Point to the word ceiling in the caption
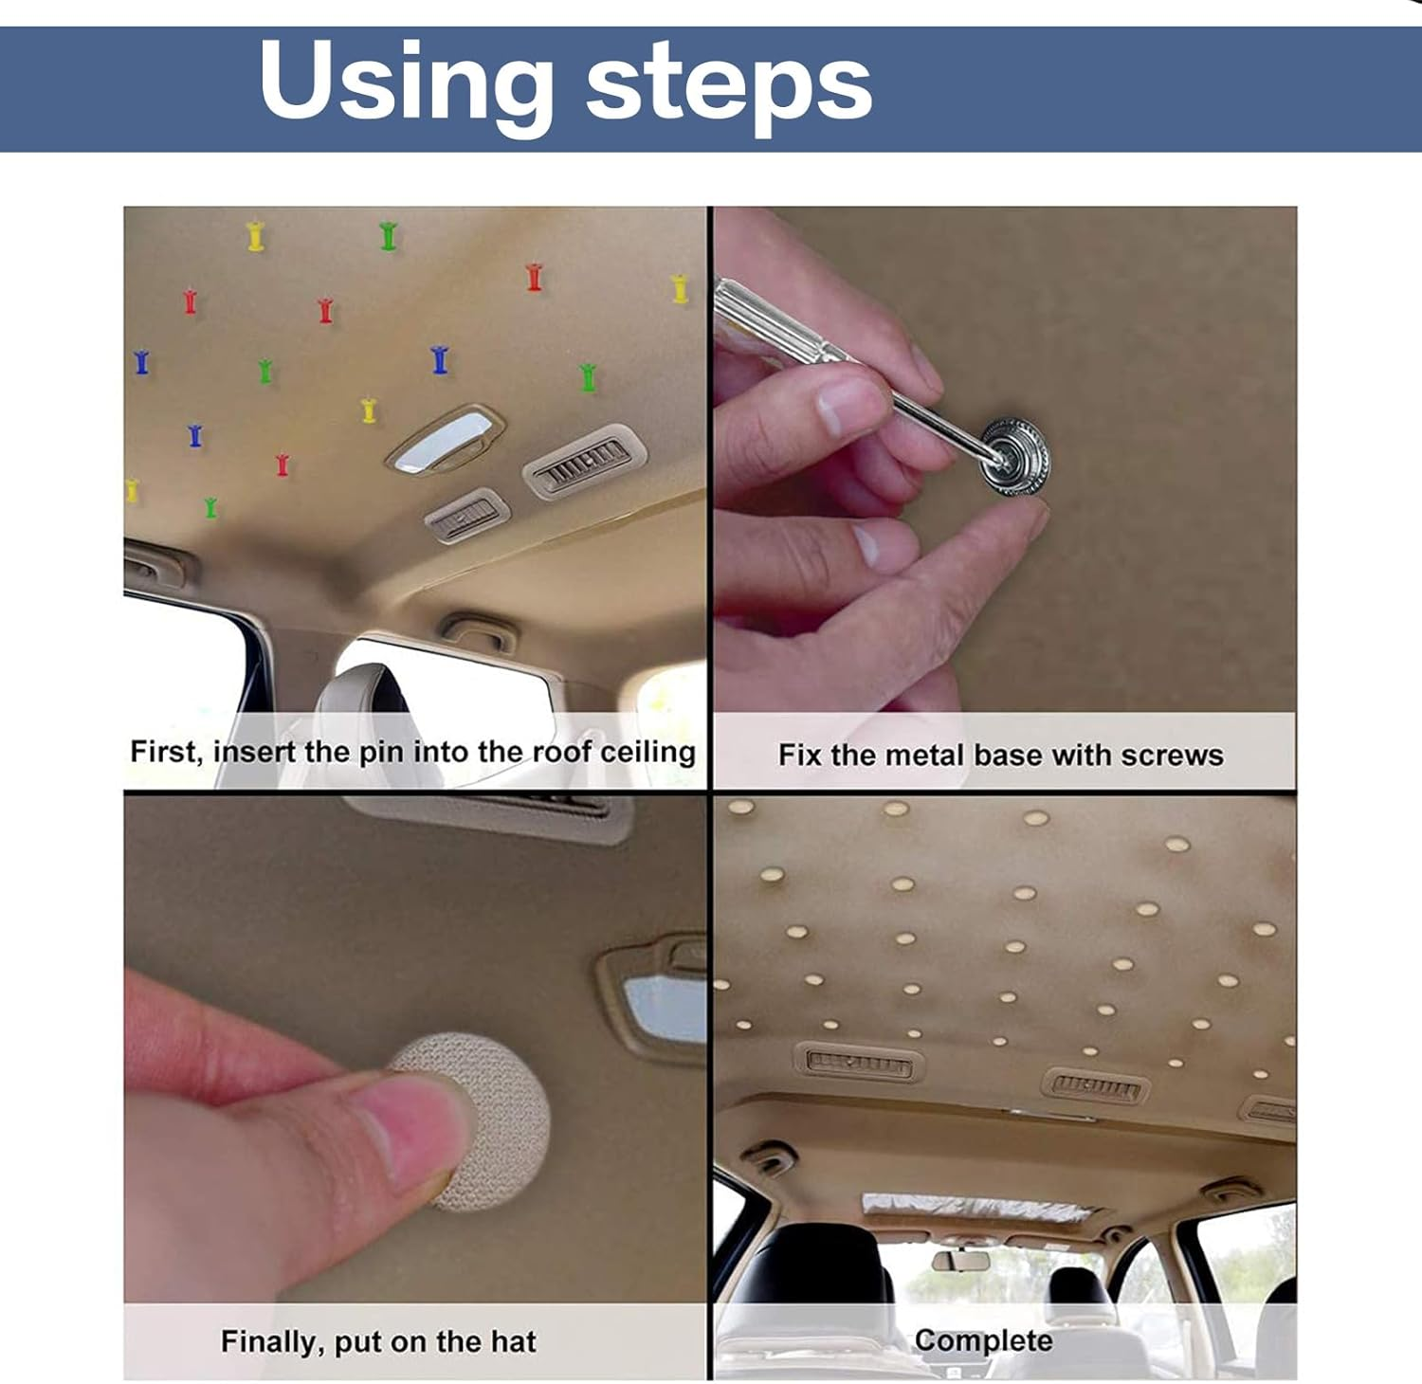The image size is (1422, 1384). pos(647,752)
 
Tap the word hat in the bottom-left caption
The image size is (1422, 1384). pos(513,1341)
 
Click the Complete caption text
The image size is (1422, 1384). pos(983,1340)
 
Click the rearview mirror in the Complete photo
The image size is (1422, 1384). pos(960,1261)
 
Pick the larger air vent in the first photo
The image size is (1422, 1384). pos(584,461)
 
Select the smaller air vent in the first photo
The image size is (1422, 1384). pos(465,517)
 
